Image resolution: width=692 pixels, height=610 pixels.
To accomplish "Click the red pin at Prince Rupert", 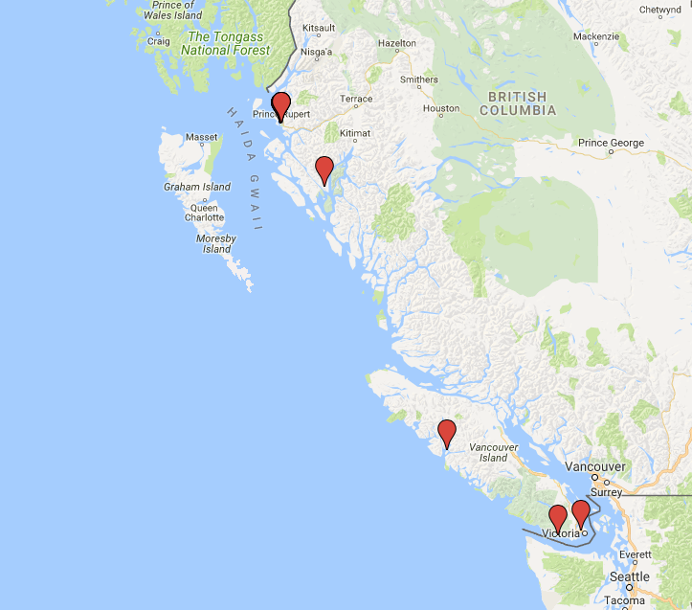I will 280,105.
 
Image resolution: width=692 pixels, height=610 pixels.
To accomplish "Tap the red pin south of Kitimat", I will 324,169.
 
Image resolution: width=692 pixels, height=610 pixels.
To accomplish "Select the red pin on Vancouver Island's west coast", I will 446,433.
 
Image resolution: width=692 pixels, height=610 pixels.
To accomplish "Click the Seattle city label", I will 629,576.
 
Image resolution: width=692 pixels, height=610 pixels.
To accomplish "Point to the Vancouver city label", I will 594,466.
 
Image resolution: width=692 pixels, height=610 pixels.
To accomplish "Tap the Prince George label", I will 611,143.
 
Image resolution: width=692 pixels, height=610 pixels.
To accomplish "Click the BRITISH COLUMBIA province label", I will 517,103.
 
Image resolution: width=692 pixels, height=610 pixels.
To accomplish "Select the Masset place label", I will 202,137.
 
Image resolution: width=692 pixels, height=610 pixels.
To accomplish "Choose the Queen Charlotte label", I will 205,212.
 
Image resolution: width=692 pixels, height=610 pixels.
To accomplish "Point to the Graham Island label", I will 197,187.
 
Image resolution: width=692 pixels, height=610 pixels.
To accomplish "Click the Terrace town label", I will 356,99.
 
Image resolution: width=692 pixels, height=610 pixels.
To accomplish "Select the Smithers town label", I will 419,79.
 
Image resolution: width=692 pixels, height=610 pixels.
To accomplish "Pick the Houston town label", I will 441,108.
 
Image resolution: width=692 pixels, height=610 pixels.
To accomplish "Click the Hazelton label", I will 397,43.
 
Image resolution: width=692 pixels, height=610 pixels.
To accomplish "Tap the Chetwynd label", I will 659,10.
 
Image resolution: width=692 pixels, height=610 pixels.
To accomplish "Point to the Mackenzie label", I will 596,36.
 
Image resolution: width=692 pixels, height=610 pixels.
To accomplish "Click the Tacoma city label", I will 624,601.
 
